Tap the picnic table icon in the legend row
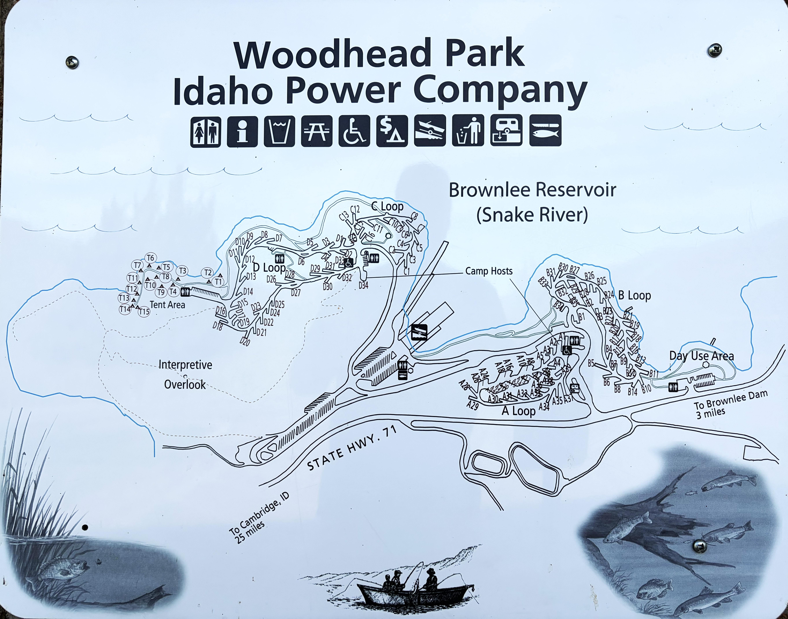(x=317, y=131)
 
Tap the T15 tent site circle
(x=144, y=311)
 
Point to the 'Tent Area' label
(x=167, y=305)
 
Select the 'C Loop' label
(x=387, y=207)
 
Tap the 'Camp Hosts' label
(x=489, y=271)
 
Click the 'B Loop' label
(x=635, y=295)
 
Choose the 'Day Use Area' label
(x=701, y=356)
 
